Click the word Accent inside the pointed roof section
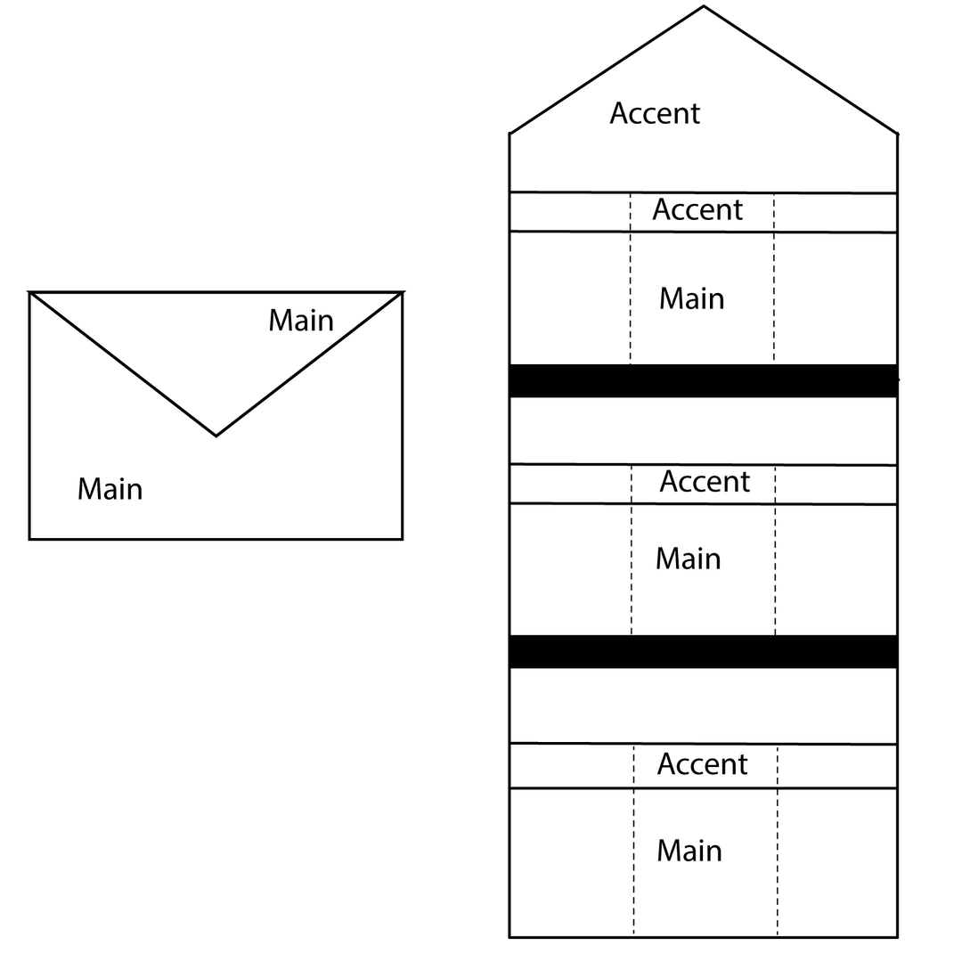[x=655, y=113]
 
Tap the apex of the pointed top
[x=704, y=7]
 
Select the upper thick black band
[x=704, y=380]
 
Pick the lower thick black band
[x=704, y=651]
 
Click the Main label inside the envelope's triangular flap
[x=301, y=321]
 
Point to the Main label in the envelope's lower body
[x=110, y=490]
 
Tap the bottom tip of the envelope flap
[x=216, y=436]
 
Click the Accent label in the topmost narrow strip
[x=697, y=210]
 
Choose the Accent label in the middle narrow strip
[x=705, y=482]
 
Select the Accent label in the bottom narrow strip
[x=702, y=764]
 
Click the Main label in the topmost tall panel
[x=691, y=298]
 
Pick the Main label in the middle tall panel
[x=688, y=558]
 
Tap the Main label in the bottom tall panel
[x=689, y=851]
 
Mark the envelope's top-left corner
[x=29, y=293]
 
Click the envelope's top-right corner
[x=403, y=293]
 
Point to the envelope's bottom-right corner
[x=403, y=539]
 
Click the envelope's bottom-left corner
[x=29, y=539]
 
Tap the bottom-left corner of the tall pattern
[x=510, y=937]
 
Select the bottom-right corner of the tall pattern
[x=898, y=937]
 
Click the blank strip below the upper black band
[x=704, y=431]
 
